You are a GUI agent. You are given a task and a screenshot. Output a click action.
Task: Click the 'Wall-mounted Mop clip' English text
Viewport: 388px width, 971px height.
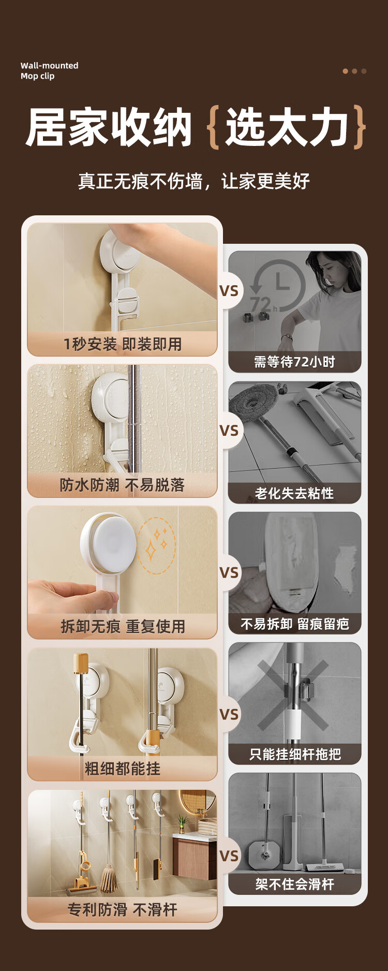coord(49,71)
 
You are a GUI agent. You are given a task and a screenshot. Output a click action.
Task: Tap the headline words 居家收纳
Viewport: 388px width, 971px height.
coord(109,127)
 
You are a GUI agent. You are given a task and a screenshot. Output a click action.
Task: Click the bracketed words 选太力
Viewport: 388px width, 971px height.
coord(287,127)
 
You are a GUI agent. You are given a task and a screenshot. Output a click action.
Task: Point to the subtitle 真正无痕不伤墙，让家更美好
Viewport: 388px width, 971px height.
coord(194,181)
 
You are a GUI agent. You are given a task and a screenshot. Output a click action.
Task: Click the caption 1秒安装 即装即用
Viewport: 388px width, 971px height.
coord(123,344)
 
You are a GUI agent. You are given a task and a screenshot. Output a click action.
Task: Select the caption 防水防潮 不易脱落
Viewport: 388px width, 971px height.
coord(122,485)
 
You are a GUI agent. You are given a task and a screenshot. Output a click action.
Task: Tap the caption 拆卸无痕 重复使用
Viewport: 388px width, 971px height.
coord(123,626)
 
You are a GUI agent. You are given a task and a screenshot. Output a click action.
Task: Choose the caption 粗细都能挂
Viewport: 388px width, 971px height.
coord(123,769)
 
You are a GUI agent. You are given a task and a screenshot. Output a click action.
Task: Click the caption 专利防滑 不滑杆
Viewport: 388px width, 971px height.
coord(123,909)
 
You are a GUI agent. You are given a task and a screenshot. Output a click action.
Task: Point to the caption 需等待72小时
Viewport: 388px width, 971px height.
coord(294,362)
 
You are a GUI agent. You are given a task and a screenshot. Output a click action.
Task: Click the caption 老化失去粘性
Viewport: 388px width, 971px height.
coord(294,493)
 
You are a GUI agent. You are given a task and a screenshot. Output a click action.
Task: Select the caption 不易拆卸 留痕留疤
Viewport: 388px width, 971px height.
coord(295,624)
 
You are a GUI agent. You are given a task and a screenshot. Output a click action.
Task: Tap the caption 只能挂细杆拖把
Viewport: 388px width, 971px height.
coord(295,754)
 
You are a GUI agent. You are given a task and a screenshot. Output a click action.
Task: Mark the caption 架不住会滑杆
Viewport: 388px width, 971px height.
coord(295,884)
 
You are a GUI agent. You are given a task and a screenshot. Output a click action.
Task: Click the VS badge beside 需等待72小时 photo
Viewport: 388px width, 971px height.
coord(229,291)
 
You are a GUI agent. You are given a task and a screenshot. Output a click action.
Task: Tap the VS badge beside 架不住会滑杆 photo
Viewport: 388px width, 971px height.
coord(229,856)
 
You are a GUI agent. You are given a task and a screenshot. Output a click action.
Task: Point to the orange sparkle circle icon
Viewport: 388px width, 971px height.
coord(157,546)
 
